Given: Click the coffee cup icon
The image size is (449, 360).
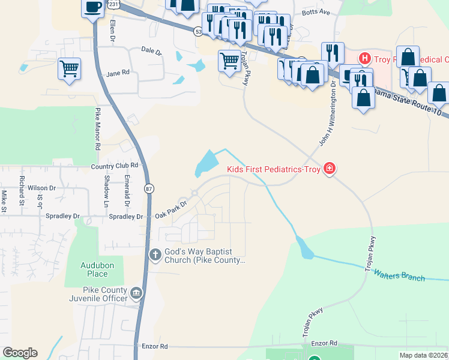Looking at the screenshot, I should tap(92, 7).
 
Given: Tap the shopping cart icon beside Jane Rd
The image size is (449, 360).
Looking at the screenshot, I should tap(70, 68).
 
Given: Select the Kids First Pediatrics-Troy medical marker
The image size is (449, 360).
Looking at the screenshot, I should tap(329, 169).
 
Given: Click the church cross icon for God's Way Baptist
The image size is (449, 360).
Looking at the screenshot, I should tap(155, 255).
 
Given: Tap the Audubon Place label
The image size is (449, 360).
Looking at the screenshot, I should tap(94, 269).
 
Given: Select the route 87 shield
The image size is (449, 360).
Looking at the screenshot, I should tap(149, 188).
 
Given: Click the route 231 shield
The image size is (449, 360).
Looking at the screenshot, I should tap(114, 4).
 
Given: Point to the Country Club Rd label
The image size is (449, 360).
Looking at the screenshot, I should tap(115, 166).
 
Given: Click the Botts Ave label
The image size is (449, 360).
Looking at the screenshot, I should tap(316, 12).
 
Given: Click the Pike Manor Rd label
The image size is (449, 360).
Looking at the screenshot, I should tap(97, 129).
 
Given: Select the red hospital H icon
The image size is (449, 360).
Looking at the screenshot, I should tap(363, 59).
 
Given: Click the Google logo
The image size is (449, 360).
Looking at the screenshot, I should tap(20, 353).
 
